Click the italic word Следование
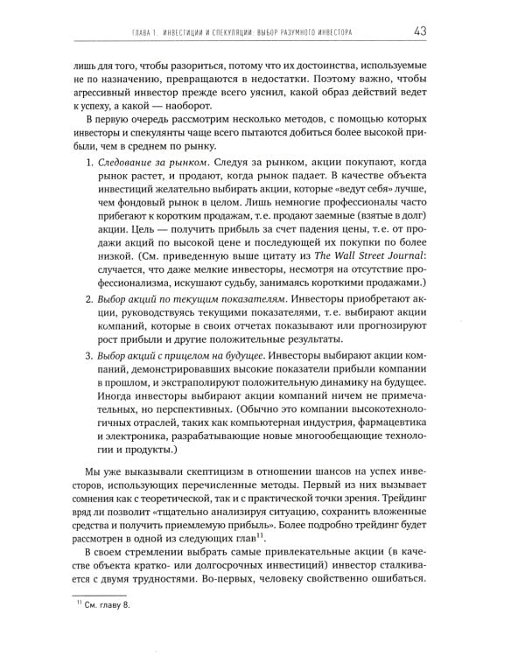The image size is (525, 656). point(135,164)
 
